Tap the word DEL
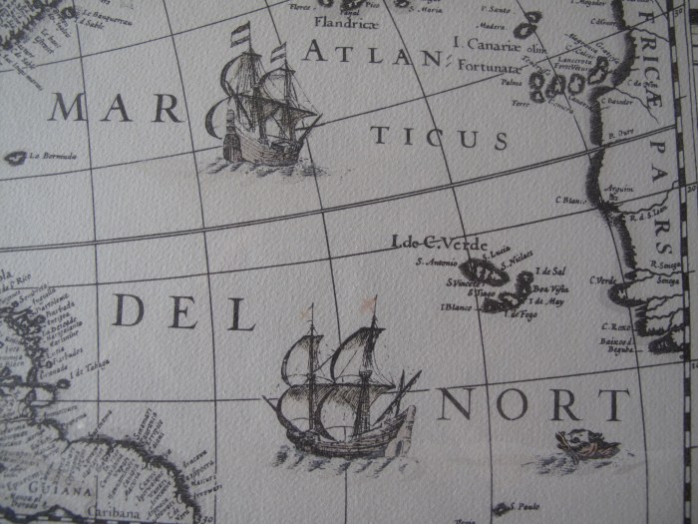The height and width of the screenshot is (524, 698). (x=183, y=312)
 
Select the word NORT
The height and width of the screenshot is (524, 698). (x=533, y=405)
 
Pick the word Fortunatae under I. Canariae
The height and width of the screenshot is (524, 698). (x=490, y=67)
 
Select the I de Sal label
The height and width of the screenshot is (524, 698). (x=549, y=270)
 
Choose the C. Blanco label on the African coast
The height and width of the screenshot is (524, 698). (x=572, y=199)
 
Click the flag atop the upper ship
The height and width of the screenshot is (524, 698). (x=240, y=36)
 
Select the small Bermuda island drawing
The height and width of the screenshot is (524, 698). (x=15, y=157)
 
